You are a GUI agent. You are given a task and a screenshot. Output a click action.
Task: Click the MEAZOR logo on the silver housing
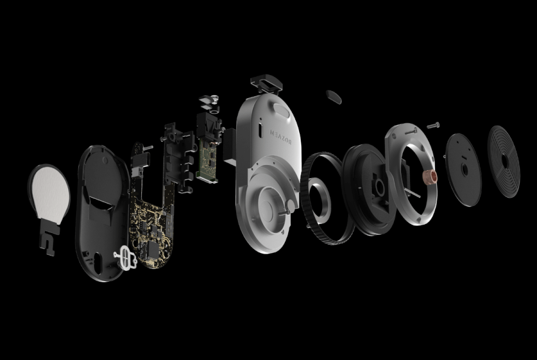click(x=281, y=136)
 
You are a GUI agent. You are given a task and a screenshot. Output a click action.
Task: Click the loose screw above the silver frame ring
click(x=433, y=125)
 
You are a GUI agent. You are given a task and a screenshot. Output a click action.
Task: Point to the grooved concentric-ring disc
click(x=504, y=161)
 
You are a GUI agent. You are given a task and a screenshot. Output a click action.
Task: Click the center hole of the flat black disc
click(x=465, y=169)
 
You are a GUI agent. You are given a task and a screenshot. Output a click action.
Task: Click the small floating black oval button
click(x=334, y=97)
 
